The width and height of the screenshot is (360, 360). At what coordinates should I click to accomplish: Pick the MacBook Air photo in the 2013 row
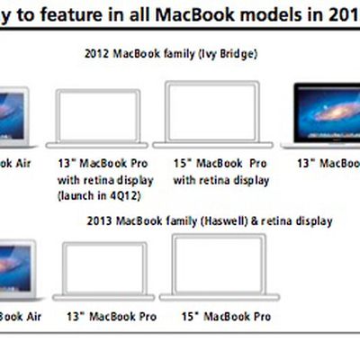tap(13, 267)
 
